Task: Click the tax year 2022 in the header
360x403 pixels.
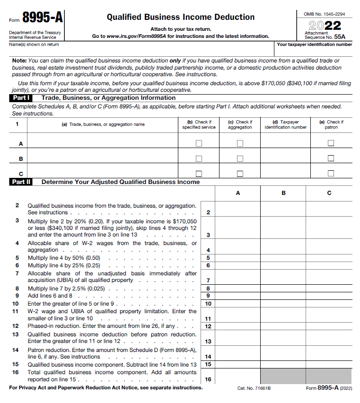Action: coord(325,25)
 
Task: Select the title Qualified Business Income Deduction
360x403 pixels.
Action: coord(180,17)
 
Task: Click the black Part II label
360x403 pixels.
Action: coord(21,182)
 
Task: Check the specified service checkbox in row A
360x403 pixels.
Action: coord(199,143)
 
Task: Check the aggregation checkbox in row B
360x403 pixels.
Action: coord(240,158)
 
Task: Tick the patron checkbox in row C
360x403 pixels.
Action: coord(331,173)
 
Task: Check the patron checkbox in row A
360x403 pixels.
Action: coord(331,143)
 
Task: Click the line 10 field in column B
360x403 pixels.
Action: coord(283,303)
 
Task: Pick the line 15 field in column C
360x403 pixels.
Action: coord(329,364)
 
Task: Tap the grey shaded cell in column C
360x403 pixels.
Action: coord(329,376)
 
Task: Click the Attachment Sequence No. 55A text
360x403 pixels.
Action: coord(325,35)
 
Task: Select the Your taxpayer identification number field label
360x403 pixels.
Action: coord(314,44)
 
